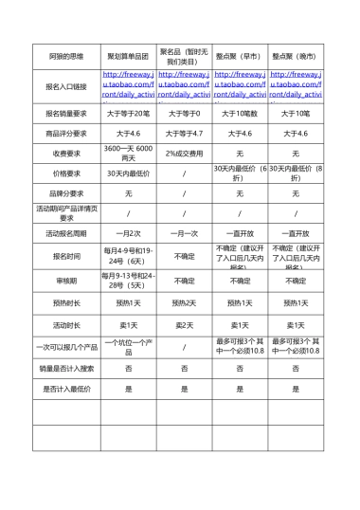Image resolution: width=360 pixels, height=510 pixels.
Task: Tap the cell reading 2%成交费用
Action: pyautogui.click(x=184, y=153)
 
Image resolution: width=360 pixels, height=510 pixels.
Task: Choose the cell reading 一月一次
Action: pyautogui.click(x=184, y=233)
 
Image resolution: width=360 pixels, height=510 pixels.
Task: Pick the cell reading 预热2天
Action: pyautogui.click(x=184, y=303)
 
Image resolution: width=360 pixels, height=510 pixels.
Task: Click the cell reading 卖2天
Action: pyautogui.click(x=184, y=324)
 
